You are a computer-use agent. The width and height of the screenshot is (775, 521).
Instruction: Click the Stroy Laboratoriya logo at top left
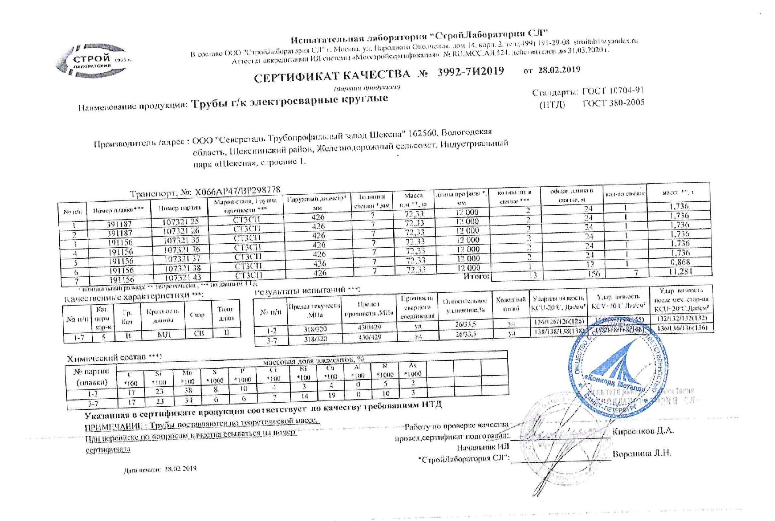[x=92, y=61]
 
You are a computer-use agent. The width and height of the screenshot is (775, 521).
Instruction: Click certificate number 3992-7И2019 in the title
[x=470, y=72]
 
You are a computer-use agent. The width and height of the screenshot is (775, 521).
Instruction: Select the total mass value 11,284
[x=680, y=272]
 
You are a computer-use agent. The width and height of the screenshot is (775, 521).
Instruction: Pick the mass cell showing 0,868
[x=680, y=262]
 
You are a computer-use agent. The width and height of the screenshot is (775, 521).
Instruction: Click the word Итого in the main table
[x=476, y=276]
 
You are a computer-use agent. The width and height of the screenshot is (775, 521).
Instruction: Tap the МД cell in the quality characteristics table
[x=164, y=334]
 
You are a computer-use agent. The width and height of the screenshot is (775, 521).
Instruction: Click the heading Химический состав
[x=114, y=358]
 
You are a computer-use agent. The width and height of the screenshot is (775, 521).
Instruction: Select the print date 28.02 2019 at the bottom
[x=180, y=469]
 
